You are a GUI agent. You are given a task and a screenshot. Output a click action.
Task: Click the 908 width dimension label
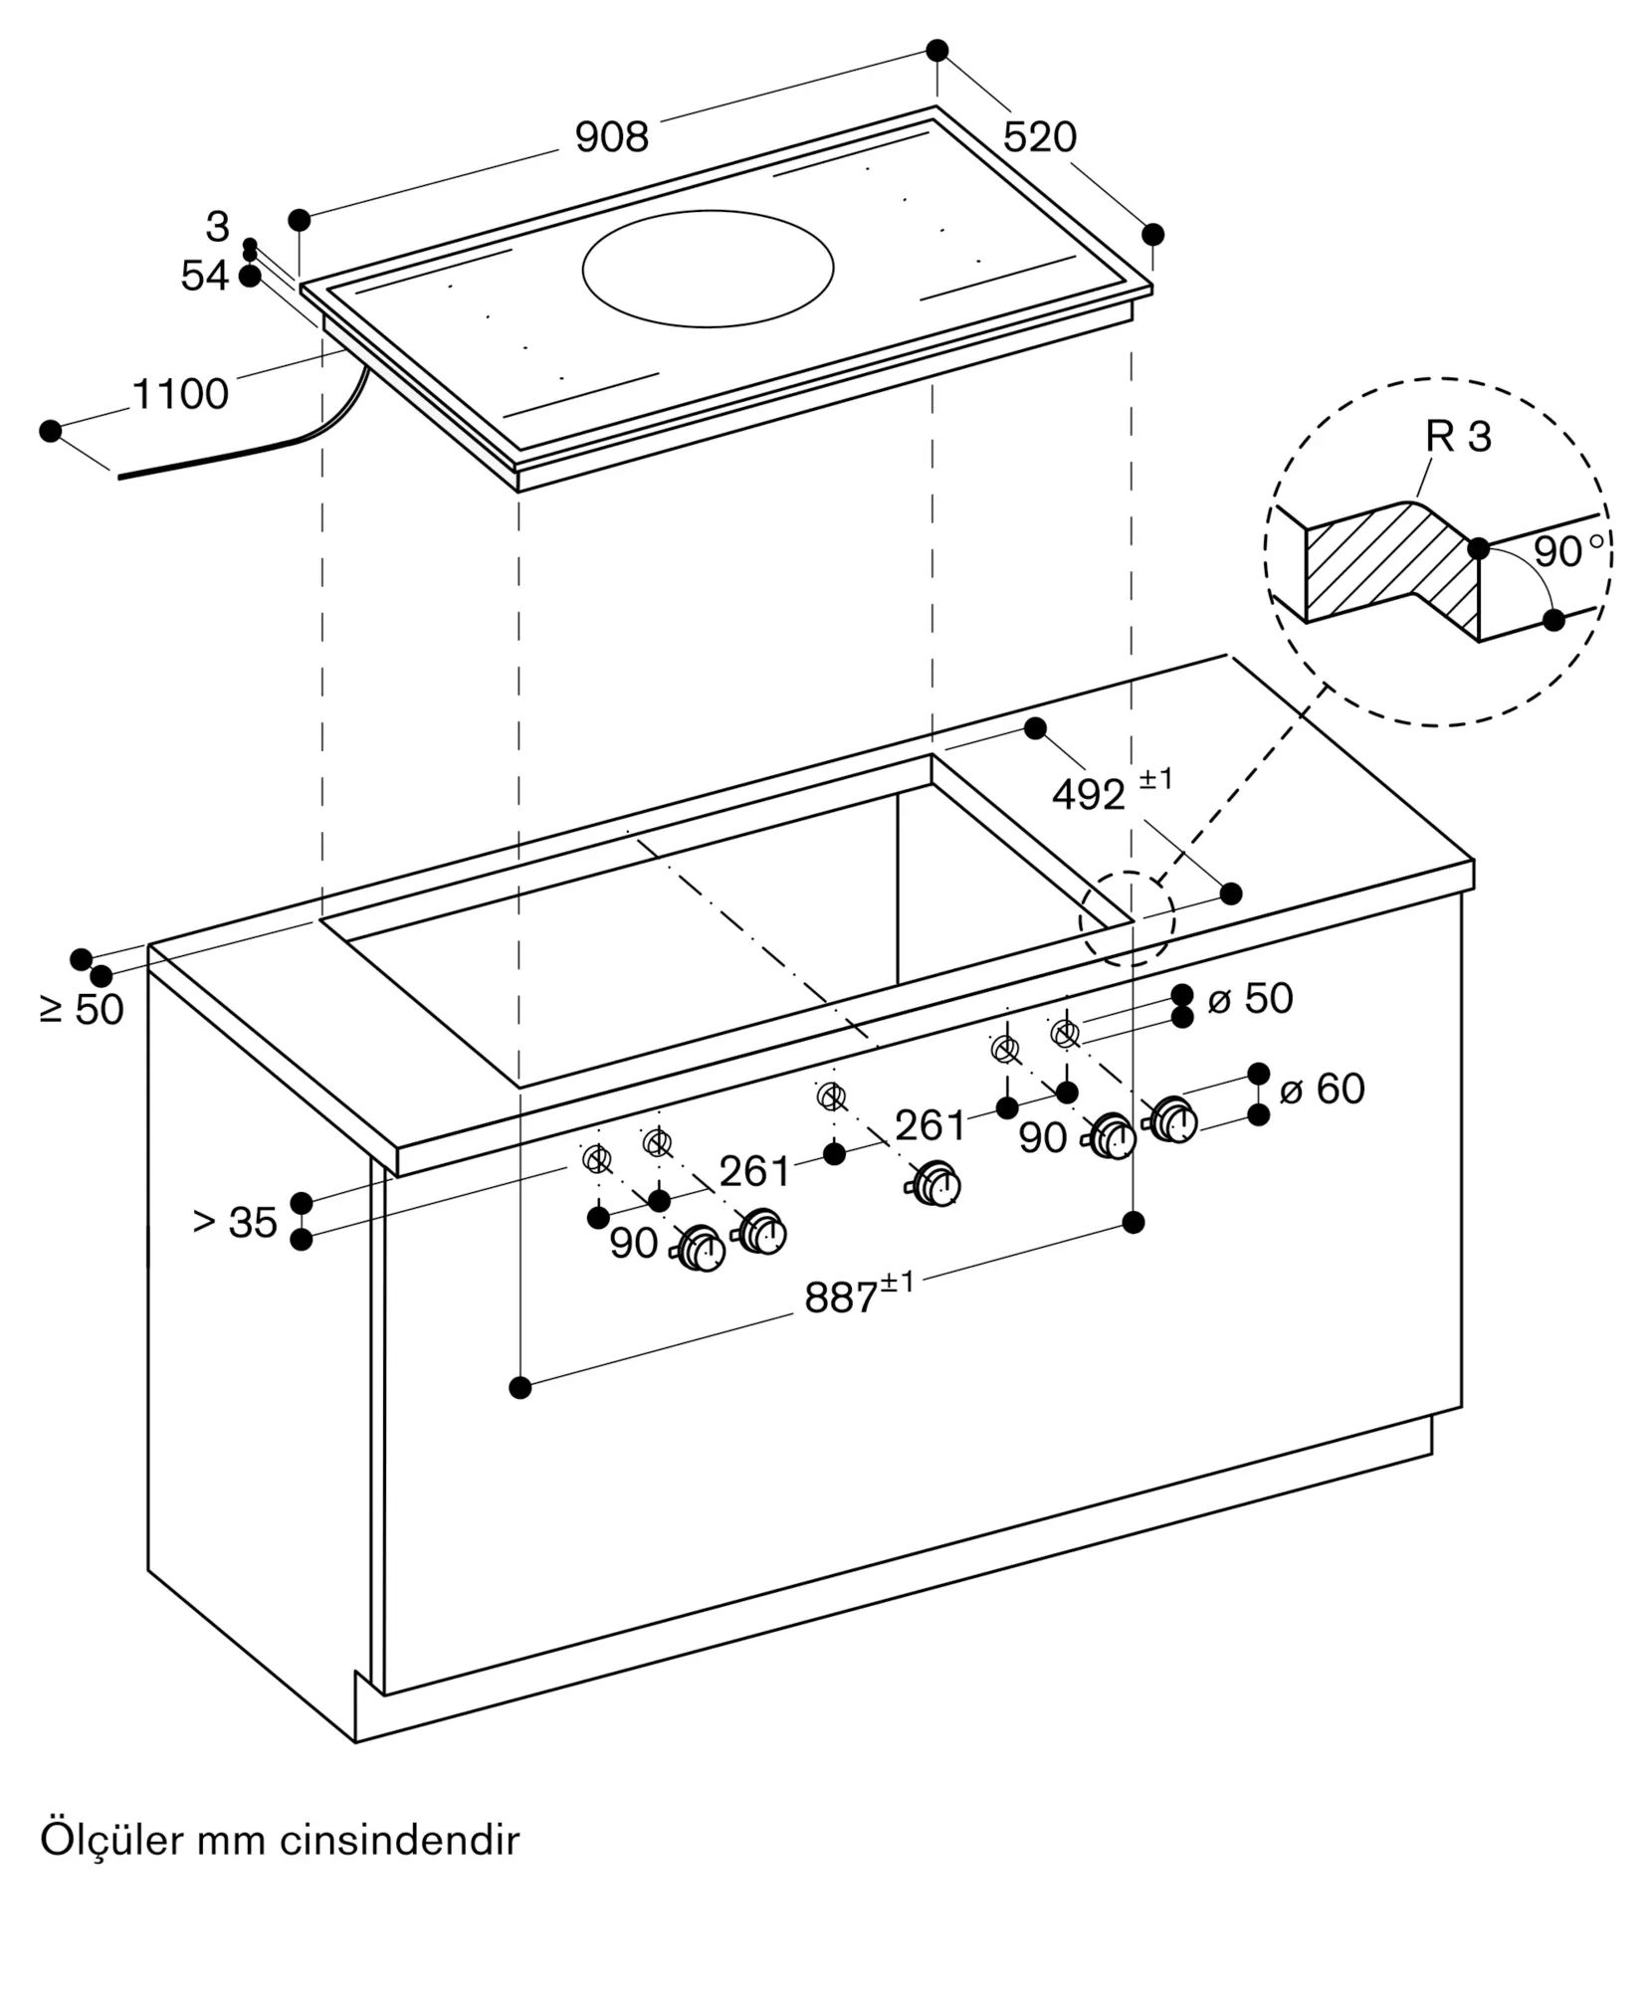(x=612, y=137)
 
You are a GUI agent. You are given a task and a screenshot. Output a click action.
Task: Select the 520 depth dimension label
(x=1040, y=137)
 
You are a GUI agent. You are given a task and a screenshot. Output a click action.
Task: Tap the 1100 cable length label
(x=180, y=395)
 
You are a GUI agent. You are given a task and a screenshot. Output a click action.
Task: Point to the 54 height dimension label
(x=205, y=276)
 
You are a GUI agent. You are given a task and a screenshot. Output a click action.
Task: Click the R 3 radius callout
(x=1459, y=437)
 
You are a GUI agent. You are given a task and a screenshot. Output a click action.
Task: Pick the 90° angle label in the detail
(x=1569, y=551)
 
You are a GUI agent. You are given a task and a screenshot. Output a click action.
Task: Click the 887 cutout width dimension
(x=859, y=1294)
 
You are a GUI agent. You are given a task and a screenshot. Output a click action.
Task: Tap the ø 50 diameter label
(x=1251, y=998)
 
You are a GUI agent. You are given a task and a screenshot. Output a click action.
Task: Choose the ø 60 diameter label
(x=1323, y=1089)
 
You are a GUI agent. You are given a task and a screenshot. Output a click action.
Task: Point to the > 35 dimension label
(x=235, y=1223)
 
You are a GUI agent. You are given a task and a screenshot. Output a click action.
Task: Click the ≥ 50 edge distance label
(x=82, y=1010)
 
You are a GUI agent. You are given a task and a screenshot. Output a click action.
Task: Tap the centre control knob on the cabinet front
(x=934, y=1184)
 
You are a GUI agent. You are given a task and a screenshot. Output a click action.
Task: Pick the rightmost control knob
(x=1172, y=1120)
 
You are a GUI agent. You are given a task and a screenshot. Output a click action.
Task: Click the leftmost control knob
(x=701, y=1250)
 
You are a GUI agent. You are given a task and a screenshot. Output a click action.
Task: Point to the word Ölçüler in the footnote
(x=111, y=1840)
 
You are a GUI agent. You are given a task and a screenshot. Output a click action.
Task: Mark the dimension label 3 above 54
(x=217, y=227)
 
